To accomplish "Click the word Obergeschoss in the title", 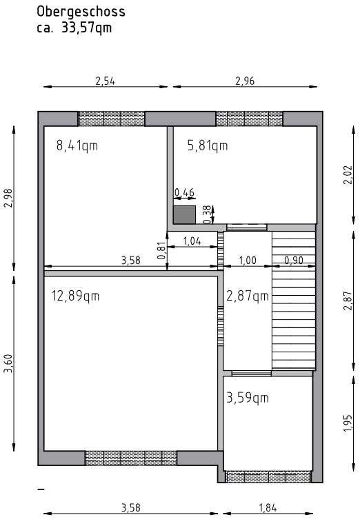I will [x=81, y=12].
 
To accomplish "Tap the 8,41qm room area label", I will [x=77, y=145].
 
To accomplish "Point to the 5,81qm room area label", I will [x=208, y=145].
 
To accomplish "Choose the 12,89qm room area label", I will [x=76, y=296].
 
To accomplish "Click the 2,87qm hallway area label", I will [x=247, y=296].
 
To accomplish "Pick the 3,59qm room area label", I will [x=247, y=398].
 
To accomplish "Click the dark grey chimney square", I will [x=184, y=214].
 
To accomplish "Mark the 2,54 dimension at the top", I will [x=105, y=81].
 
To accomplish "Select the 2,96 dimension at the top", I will [x=245, y=81].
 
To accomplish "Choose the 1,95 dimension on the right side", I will [x=348, y=421].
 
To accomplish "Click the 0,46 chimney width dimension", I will [x=183, y=192].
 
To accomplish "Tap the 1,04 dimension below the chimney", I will [x=193, y=241].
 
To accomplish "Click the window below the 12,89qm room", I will [x=131, y=458].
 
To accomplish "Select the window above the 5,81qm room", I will [x=249, y=119].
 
